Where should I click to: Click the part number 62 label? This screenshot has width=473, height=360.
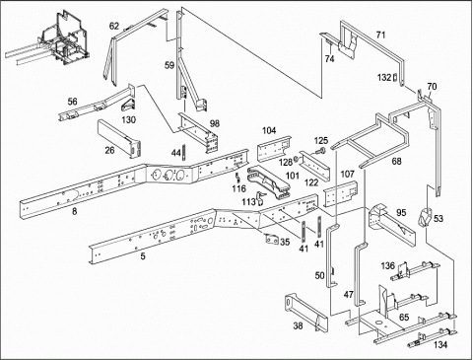pyautogui.click(x=114, y=26)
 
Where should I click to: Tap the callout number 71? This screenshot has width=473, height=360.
pyautogui.click(x=380, y=35)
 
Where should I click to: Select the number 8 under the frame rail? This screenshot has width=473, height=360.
pyautogui.click(x=74, y=212)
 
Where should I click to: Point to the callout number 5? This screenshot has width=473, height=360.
pyautogui.click(x=143, y=256)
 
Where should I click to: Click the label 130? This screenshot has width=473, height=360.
pyautogui.click(x=128, y=119)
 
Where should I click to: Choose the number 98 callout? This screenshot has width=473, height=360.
pyautogui.click(x=215, y=123)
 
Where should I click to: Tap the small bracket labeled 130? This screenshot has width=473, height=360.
pyautogui.click(x=127, y=106)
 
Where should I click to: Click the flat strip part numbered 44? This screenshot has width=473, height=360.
pyautogui.click(x=184, y=153)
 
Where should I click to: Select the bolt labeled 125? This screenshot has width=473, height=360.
pyautogui.click(x=319, y=151)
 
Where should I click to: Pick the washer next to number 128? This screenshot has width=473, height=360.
pyautogui.click(x=296, y=159)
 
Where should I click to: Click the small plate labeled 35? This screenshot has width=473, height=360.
pyautogui.click(x=272, y=240)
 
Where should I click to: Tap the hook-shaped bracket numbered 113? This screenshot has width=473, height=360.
pyautogui.click(x=261, y=198)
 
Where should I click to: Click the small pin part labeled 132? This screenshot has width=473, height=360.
pyautogui.click(x=395, y=78)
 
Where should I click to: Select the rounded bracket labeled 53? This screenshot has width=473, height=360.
pyautogui.click(x=425, y=217)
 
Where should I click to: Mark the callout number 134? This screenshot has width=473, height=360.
pyautogui.click(x=440, y=345)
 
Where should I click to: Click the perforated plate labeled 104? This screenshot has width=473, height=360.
pyautogui.click(x=274, y=149)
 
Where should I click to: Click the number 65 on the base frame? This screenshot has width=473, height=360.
pyautogui.click(x=404, y=318)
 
